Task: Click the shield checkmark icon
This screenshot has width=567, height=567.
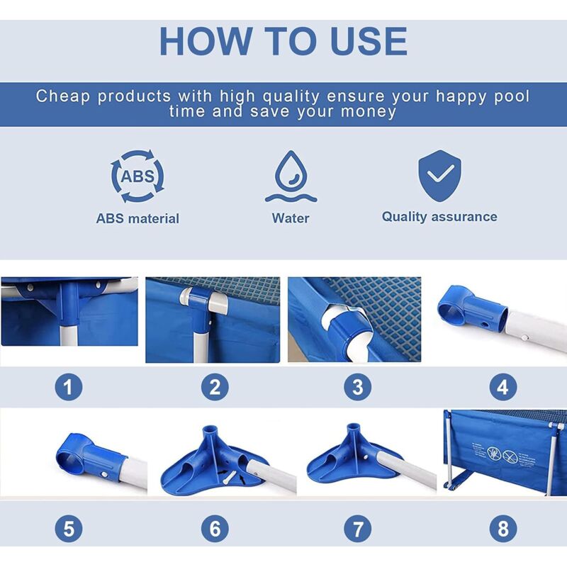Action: click(x=439, y=176)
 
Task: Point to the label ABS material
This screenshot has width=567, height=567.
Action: click(x=137, y=218)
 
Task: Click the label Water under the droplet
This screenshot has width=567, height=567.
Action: click(x=291, y=218)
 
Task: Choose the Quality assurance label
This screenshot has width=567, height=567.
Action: click(x=439, y=217)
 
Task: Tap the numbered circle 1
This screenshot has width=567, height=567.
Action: click(x=69, y=387)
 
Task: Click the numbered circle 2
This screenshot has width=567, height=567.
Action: click(x=215, y=387)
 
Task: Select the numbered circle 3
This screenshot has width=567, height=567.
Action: click(x=358, y=387)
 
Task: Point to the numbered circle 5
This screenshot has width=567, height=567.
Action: click(x=69, y=528)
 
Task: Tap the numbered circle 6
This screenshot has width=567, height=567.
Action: click(x=215, y=528)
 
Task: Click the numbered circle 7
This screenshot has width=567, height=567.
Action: click(x=358, y=528)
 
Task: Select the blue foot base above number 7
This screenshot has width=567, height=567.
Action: click(x=347, y=460)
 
